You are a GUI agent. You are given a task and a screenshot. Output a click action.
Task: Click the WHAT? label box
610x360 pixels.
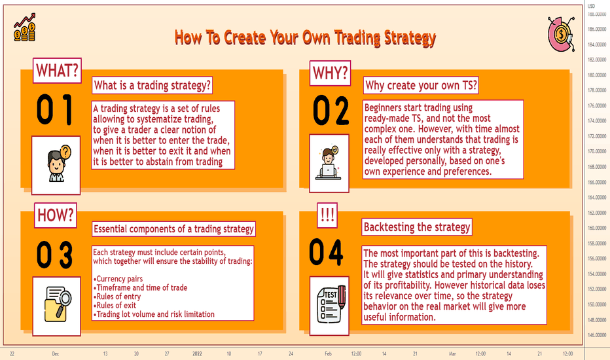57,71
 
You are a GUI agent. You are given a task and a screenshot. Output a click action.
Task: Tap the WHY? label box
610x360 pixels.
331,73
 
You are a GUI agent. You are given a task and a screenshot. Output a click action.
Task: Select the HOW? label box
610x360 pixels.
55,215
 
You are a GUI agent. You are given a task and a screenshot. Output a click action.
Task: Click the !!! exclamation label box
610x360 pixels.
327,215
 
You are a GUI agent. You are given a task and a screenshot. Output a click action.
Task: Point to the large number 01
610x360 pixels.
55,109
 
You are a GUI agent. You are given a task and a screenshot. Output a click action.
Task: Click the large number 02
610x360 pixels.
331,111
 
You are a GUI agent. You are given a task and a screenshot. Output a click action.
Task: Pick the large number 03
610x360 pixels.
55,255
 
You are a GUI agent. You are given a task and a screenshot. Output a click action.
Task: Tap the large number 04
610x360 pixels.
326,252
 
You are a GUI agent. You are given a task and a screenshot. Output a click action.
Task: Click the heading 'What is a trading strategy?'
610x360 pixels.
152,85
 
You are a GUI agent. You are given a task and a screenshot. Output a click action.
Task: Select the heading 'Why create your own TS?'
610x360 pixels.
421,85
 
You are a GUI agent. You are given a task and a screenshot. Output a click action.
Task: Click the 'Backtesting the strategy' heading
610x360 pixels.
417,227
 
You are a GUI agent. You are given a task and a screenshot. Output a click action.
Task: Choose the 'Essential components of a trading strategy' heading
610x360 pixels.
173,229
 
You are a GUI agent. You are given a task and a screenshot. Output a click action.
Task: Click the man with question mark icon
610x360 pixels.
56,165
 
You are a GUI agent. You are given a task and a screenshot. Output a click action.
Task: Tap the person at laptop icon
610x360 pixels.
329,163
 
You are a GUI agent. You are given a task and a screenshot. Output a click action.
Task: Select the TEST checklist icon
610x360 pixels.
329,306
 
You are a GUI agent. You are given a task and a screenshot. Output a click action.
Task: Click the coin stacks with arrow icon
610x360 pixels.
24,27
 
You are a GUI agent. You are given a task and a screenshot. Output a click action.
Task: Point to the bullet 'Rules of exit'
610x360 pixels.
117,306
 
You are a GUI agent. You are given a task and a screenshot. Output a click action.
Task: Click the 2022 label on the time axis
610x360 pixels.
197,353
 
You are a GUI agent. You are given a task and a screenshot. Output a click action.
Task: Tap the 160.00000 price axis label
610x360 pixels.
597,228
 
